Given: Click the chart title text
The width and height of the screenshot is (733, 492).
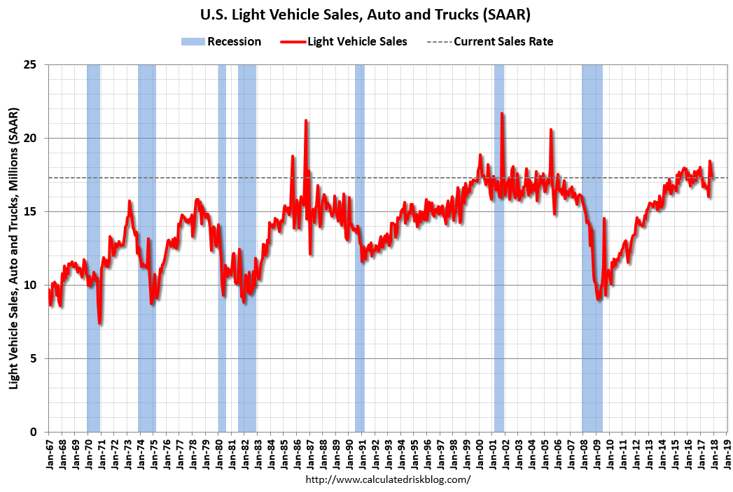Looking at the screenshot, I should coord(367,15).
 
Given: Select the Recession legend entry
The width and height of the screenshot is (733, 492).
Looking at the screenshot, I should coord(221,41).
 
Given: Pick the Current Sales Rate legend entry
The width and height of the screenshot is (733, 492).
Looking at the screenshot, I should coord(490,41).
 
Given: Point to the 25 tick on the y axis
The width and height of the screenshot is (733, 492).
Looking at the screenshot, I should coord(36,65).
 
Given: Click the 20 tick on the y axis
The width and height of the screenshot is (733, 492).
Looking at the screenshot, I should coord(36,139).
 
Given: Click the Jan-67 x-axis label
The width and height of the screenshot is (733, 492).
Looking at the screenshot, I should coord(49,451).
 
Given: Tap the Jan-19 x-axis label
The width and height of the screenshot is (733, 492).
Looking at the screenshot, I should coord(727,451).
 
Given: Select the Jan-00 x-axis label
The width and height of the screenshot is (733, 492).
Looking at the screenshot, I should coord(480,451).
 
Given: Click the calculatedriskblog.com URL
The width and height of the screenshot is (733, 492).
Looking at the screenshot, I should coord(389,479).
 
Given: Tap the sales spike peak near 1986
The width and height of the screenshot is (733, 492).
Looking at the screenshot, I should coord(306,120).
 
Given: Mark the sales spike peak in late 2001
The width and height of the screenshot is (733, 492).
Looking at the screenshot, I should coord(502,113).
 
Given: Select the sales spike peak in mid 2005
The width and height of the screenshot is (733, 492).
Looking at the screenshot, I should coord(551,129).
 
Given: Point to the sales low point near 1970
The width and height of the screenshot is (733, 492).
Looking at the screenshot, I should coord(100,323).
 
